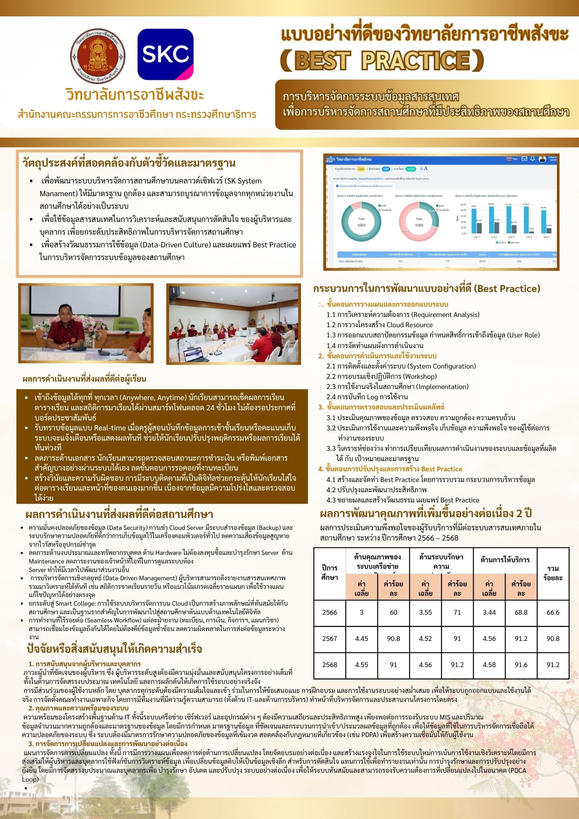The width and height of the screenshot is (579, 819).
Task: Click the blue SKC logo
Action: coord(165,54)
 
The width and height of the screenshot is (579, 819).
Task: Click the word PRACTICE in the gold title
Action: coord(416,61)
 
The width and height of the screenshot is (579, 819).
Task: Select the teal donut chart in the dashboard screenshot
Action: coord(361,221)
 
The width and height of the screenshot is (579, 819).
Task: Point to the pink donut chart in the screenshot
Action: coord(418,221)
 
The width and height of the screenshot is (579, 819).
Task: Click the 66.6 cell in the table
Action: coord(553,612)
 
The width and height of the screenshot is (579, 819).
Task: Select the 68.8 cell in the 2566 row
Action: coord(521,612)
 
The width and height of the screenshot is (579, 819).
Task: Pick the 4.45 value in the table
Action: coord(362,638)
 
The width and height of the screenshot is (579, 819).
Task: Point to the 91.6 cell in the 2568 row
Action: coord(521,665)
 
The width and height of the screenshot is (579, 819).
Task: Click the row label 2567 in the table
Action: coord(329,638)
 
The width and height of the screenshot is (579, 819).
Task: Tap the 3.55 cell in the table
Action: coord(425,612)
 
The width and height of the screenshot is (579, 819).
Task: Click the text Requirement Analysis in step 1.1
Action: coord(445,314)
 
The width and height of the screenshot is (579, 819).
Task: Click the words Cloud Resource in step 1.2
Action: coord(409,325)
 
